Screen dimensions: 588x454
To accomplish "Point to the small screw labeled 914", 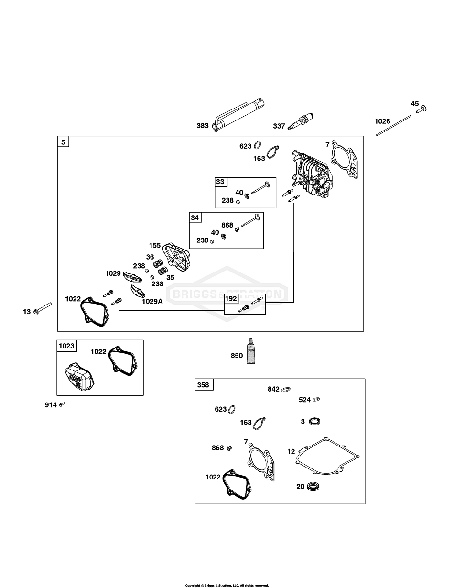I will tap(62, 404).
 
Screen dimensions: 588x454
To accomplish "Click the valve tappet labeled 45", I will tap(421, 109).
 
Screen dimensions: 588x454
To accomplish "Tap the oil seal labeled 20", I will tap(313, 486).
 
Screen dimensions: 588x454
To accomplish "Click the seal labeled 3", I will tap(314, 421).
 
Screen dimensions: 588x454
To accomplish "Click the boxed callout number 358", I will tap(203, 385).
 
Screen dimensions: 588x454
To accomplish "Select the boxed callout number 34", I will tap(195, 218).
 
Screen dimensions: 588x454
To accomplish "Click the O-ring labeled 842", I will tap(286, 389).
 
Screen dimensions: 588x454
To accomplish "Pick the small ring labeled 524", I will tap(316, 399).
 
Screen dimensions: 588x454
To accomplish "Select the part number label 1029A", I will tap(151, 301).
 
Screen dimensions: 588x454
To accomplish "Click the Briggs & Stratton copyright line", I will tap(227, 585).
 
